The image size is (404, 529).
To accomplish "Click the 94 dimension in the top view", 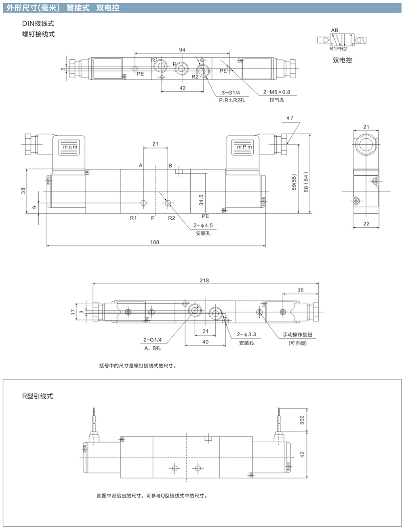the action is pyautogui.click(x=182, y=50).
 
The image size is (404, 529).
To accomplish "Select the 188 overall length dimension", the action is pyautogui.click(x=155, y=242).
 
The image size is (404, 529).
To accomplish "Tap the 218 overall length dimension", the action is pyautogui.click(x=204, y=280).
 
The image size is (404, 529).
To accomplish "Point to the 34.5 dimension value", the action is pyautogui.click(x=201, y=200).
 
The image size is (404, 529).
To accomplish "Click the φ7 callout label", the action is pyautogui.click(x=290, y=118).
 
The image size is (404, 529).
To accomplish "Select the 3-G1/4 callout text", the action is pyautogui.click(x=231, y=93).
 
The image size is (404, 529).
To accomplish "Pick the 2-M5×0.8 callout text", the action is pyautogui.click(x=276, y=92).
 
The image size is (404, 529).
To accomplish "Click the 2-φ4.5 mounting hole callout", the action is pyautogui.click(x=203, y=225).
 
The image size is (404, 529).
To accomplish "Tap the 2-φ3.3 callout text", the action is pyautogui.click(x=246, y=334).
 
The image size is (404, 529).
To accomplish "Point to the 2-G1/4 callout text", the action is pyautogui.click(x=152, y=340).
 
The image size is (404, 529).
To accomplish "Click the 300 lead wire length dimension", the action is pyautogui.click(x=302, y=420).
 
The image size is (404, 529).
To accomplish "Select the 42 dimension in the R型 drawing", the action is pyautogui.click(x=302, y=454).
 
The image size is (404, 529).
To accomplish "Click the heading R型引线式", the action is pyautogui.click(x=38, y=396).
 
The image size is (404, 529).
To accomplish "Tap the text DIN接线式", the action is pyautogui.click(x=38, y=24).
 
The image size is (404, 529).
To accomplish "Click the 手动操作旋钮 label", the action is pyautogui.click(x=297, y=335).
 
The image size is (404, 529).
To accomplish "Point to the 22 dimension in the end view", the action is pyautogui.click(x=366, y=223).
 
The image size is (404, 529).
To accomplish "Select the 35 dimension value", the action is pyautogui.click(x=301, y=290).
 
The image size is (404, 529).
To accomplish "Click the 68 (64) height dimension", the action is pyautogui.click(x=306, y=182).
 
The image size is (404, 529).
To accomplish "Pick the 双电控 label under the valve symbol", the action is pyautogui.click(x=342, y=60).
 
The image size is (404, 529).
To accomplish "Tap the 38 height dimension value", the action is pyautogui.click(x=23, y=191).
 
